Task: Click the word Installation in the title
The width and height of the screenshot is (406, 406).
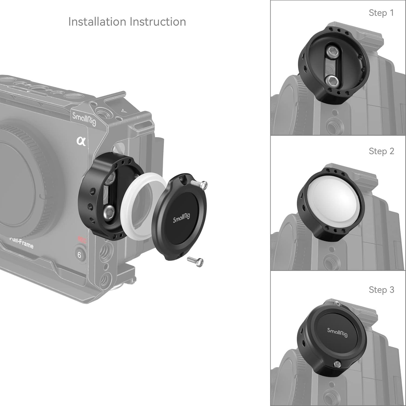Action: click(97, 22)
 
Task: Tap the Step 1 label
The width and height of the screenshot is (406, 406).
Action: click(381, 13)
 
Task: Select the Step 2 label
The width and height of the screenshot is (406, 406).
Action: click(381, 151)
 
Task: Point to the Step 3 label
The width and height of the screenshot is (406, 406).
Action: click(381, 290)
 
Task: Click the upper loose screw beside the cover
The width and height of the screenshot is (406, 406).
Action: click(199, 184)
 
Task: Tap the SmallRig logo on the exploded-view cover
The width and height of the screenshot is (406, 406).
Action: click(181, 218)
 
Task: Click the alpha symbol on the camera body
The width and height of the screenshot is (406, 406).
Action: click(81, 141)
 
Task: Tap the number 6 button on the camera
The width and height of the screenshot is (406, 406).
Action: click(79, 255)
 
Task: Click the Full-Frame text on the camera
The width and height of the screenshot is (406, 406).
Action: click(22, 242)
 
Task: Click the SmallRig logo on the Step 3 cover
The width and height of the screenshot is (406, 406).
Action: click(337, 332)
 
